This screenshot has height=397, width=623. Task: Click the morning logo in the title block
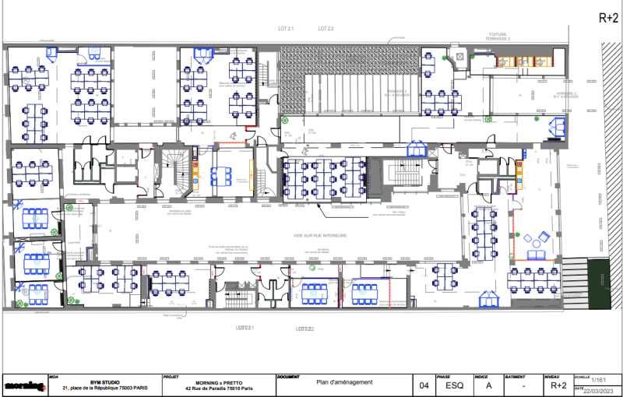pos(24,385)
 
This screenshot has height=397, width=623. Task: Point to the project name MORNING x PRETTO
pos(213,382)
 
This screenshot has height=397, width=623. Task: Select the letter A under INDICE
pos(488,385)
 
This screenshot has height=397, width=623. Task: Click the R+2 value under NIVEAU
pos(558,385)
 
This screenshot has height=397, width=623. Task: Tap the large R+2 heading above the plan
pos(607,18)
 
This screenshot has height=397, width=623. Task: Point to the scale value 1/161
pos(598,379)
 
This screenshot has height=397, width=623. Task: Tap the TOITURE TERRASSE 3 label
pos(498,37)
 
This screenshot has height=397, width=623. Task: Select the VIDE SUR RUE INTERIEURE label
pos(321,235)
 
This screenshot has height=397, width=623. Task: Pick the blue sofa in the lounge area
pos(537,255)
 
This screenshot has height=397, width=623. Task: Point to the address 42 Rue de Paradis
pos(213,388)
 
